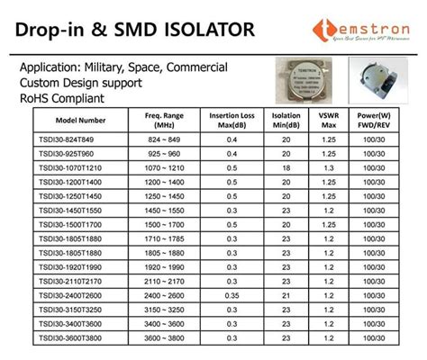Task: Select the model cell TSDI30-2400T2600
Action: point(69,295)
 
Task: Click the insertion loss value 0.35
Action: point(232,295)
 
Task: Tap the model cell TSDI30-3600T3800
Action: point(69,337)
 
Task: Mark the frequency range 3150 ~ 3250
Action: point(165,310)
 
